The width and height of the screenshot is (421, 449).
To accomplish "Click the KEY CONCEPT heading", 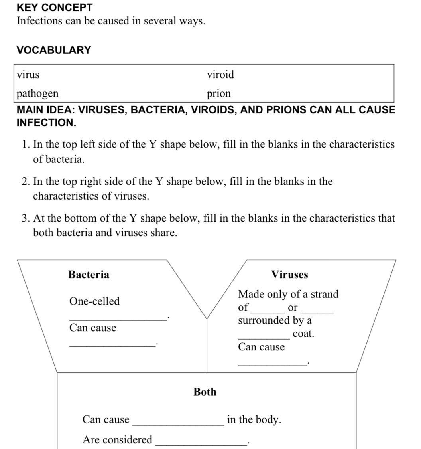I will [x=55, y=8].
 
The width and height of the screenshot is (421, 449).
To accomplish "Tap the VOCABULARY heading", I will [x=54, y=50].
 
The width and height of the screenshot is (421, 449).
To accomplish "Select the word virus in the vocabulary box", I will [x=28, y=75].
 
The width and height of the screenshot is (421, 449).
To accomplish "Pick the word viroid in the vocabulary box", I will [x=220, y=75].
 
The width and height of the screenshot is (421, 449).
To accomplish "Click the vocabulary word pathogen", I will [x=37, y=93].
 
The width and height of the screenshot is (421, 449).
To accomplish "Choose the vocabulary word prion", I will [x=218, y=93].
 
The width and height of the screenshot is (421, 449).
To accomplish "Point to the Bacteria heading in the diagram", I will [x=89, y=275].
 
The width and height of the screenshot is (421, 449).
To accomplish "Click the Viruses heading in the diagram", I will [x=289, y=275].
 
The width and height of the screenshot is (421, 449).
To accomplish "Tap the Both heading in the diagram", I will [x=205, y=392].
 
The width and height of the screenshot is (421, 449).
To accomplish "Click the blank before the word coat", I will [x=264, y=338].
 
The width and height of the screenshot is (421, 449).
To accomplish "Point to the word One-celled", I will [x=94, y=301].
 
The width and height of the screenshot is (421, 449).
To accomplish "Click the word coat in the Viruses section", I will [x=303, y=334].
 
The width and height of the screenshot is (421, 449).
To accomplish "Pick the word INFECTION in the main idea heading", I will [x=46, y=123].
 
